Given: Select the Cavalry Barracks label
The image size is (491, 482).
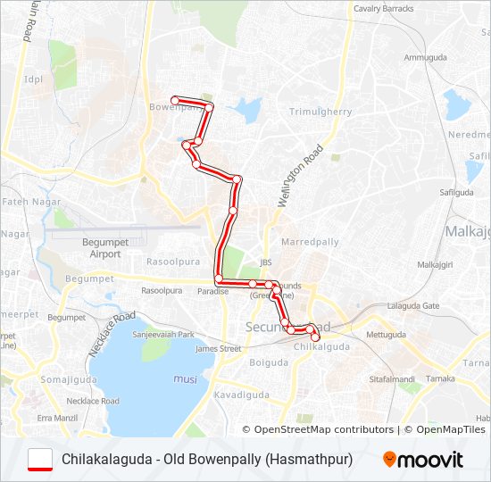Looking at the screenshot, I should coord(384,9).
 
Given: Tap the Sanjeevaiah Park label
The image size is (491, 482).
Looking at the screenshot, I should coord(163,334).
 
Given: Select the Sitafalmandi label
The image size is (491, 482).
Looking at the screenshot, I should coord(392,379).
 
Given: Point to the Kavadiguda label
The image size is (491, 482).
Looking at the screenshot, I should coord(241,394).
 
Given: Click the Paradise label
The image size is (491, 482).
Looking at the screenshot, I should coord(213,291).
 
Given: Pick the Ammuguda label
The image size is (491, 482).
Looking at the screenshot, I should coord(425,57).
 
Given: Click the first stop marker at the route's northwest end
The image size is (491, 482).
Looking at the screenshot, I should coord(176,100).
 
